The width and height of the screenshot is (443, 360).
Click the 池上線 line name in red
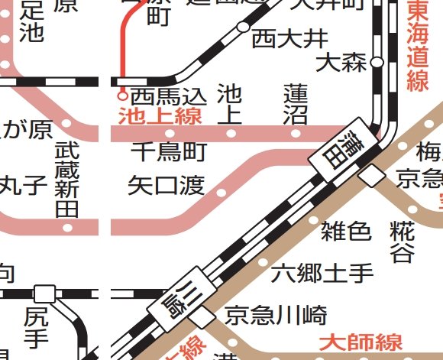[160, 116]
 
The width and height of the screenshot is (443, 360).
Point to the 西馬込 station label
[169, 96]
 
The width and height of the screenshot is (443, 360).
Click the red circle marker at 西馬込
[121, 96]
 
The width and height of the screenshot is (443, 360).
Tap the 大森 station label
[341, 63]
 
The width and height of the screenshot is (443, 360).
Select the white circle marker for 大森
[376, 62]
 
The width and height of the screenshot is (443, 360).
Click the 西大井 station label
[279, 37]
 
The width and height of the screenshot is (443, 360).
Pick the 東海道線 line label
[417, 46]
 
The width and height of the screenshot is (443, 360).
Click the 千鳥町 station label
[169, 153]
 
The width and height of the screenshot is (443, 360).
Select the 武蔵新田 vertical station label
[67, 180]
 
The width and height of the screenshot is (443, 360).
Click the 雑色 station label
[346, 230]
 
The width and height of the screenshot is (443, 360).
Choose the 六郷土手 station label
[322, 271]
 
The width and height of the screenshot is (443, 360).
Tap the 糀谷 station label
[402, 241]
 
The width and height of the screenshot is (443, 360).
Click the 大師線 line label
[361, 341]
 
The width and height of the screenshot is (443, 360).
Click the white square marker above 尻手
[45, 294]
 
